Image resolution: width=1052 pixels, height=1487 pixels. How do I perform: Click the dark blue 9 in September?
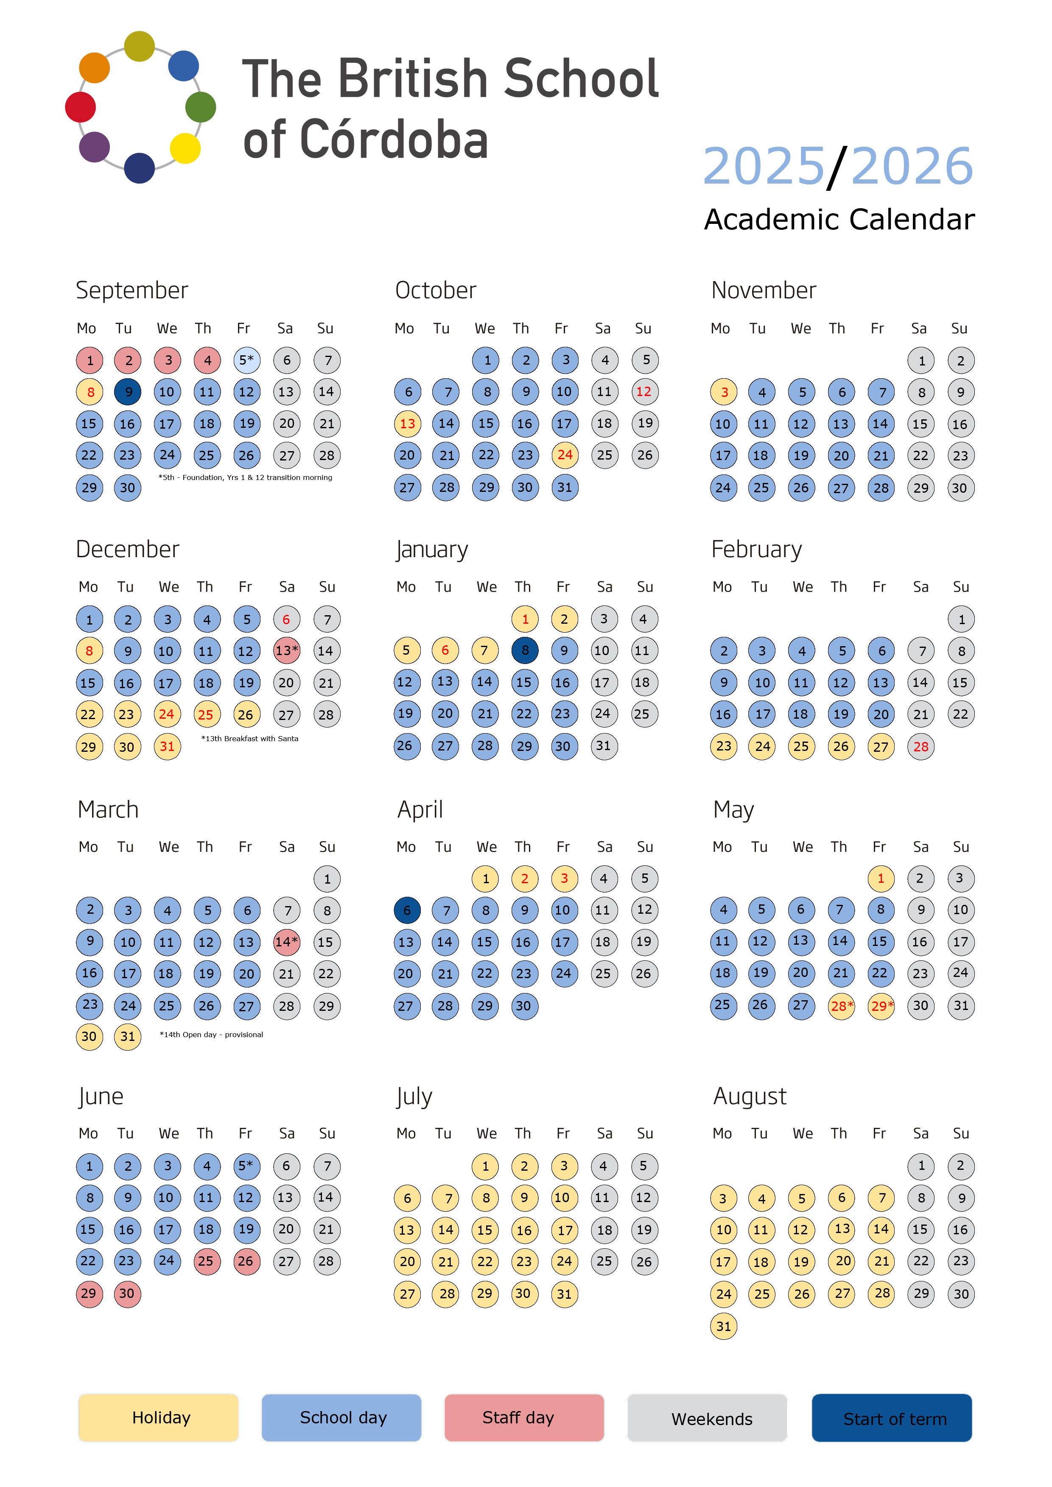tap(128, 392)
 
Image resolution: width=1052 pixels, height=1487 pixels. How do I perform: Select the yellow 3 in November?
tap(724, 392)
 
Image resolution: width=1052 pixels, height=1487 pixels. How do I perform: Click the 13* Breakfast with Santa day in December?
tap(286, 650)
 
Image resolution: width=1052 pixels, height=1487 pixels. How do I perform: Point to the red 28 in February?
tap(920, 746)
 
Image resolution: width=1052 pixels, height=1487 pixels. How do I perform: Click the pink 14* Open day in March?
tap(286, 942)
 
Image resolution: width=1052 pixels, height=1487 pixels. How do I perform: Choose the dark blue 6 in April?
tap(407, 910)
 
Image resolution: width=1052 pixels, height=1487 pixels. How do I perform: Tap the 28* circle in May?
tap(841, 1006)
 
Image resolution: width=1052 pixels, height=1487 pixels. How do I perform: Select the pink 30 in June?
tap(127, 1293)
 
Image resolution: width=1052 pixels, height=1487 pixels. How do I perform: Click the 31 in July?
tap(564, 1293)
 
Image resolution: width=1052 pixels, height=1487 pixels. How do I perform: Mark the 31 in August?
tap(724, 1326)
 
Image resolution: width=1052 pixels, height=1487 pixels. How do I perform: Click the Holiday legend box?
tap(158, 1418)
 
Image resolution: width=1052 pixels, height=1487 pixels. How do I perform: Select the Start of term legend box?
tap(892, 1418)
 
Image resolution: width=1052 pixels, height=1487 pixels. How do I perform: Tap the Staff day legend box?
tap(524, 1418)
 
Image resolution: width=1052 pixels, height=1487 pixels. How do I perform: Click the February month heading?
tap(757, 549)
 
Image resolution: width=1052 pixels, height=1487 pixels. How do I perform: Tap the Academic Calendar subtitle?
tap(839, 220)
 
